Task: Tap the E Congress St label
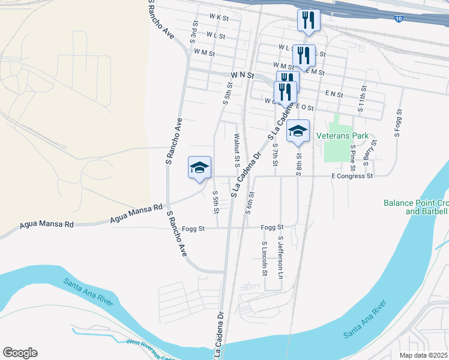(352, 176)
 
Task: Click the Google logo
(20, 352)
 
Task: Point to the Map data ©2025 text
(424, 355)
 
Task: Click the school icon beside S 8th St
(298, 131)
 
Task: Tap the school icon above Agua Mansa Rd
(199, 167)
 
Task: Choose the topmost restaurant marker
(309, 20)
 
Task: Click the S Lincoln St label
(264, 259)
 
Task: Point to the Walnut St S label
(237, 149)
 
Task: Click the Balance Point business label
(415, 207)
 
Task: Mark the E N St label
(334, 95)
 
